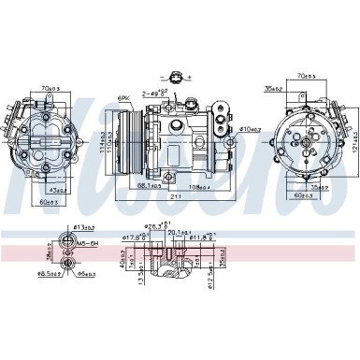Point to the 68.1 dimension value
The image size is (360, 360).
click(x=148, y=188)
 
